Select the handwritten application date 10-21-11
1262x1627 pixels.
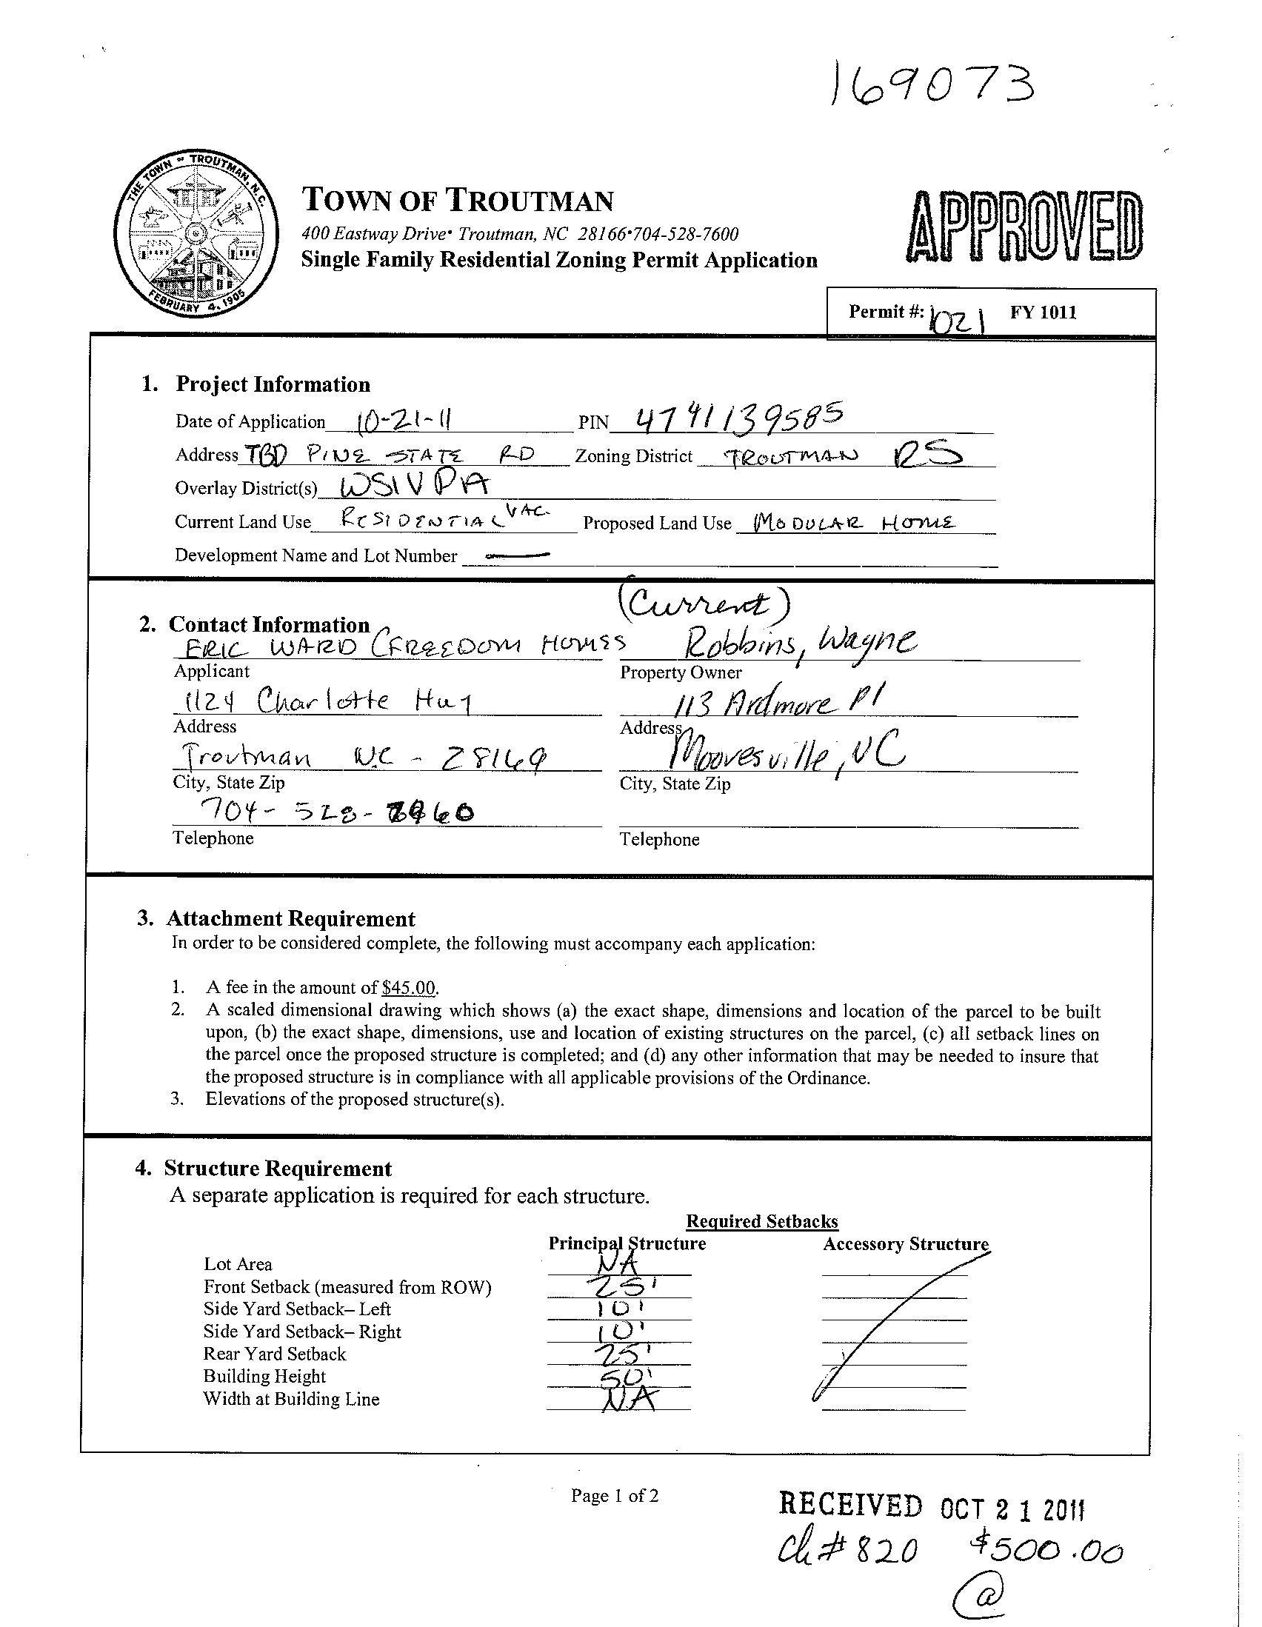coord(406,421)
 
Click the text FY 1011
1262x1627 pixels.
coord(1043,312)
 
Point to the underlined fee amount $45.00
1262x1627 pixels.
coord(408,988)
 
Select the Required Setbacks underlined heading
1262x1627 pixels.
coord(762,1222)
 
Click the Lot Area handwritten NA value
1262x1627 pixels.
coord(618,1264)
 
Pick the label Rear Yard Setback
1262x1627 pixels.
coord(275,1354)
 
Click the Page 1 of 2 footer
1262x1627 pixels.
coord(615,1495)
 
